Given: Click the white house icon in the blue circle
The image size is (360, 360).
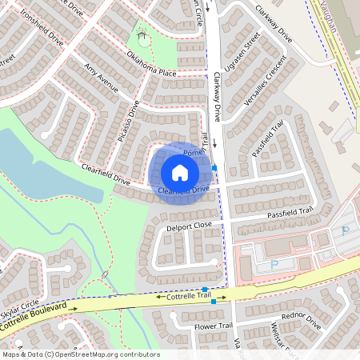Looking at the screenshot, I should tap(180, 173).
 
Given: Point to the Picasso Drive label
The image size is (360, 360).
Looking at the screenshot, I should tap(129, 121).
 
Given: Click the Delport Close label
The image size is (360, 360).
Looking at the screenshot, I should tap(189, 226).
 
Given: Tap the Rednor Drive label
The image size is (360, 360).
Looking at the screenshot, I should tap(302, 318).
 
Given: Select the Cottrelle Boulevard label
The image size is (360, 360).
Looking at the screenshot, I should tap(32, 318).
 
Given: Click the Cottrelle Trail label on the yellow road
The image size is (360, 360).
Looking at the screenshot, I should tap(190, 297).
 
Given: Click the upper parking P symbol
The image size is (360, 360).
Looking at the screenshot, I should tap(346, 230).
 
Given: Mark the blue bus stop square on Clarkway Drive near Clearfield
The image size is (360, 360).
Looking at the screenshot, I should tap(214, 167).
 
